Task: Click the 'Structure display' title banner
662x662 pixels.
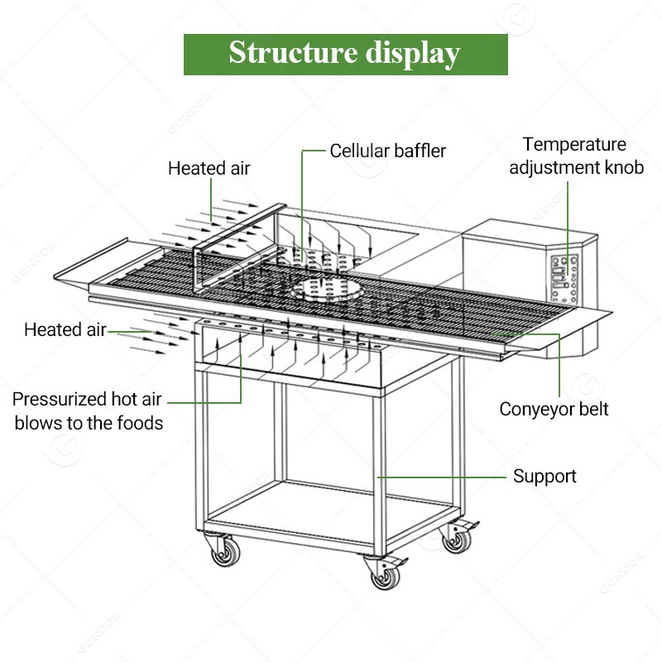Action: (345, 54)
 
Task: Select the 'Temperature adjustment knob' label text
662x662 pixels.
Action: (575, 156)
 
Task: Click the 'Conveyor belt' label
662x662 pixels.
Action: (554, 410)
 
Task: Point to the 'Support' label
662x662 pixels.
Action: (544, 477)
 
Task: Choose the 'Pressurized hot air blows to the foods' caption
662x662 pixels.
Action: (88, 410)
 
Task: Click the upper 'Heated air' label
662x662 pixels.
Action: (209, 169)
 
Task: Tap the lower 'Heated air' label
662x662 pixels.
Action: (65, 329)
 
